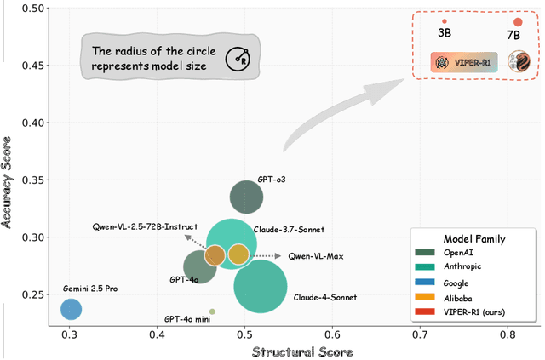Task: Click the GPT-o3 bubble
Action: tap(247, 198)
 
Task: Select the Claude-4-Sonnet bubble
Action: tap(260, 288)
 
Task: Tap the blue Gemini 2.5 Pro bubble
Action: tap(71, 311)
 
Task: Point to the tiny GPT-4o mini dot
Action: tap(212, 311)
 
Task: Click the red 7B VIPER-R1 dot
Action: tap(518, 22)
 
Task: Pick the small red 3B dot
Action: tap(445, 21)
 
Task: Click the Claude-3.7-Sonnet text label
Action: tap(289, 229)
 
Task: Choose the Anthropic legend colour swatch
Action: tap(426, 266)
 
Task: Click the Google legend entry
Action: tap(456, 282)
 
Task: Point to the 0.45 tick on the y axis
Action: tap(35, 65)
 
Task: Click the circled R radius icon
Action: tap(237, 60)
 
